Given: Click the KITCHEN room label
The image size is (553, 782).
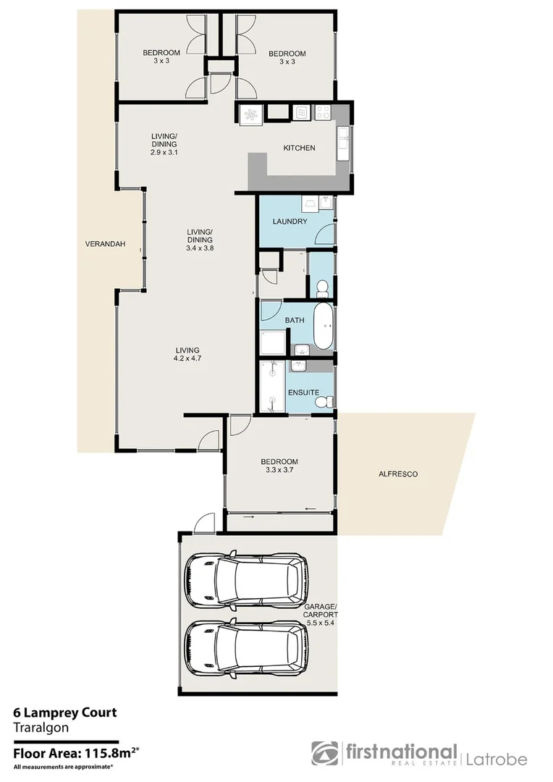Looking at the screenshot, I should point(299,148).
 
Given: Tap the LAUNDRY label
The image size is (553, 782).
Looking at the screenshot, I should point(290,222).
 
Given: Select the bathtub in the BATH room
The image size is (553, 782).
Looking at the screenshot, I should point(324,327).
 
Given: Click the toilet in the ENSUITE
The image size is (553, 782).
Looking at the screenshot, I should point(328,400).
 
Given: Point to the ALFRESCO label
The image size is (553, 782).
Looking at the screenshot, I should point(398,474).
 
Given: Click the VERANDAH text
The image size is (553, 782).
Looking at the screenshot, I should point(105,244).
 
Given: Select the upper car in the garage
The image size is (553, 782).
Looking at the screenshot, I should point(245,582).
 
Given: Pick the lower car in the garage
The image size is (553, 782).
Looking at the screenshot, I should point(245,649).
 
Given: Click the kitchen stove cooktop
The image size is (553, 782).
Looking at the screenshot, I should point(322,113).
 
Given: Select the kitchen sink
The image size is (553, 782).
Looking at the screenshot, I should point(343,143).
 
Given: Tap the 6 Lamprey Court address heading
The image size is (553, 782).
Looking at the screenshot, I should point(64,713).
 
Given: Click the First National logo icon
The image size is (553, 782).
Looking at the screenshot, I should point(325,754).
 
